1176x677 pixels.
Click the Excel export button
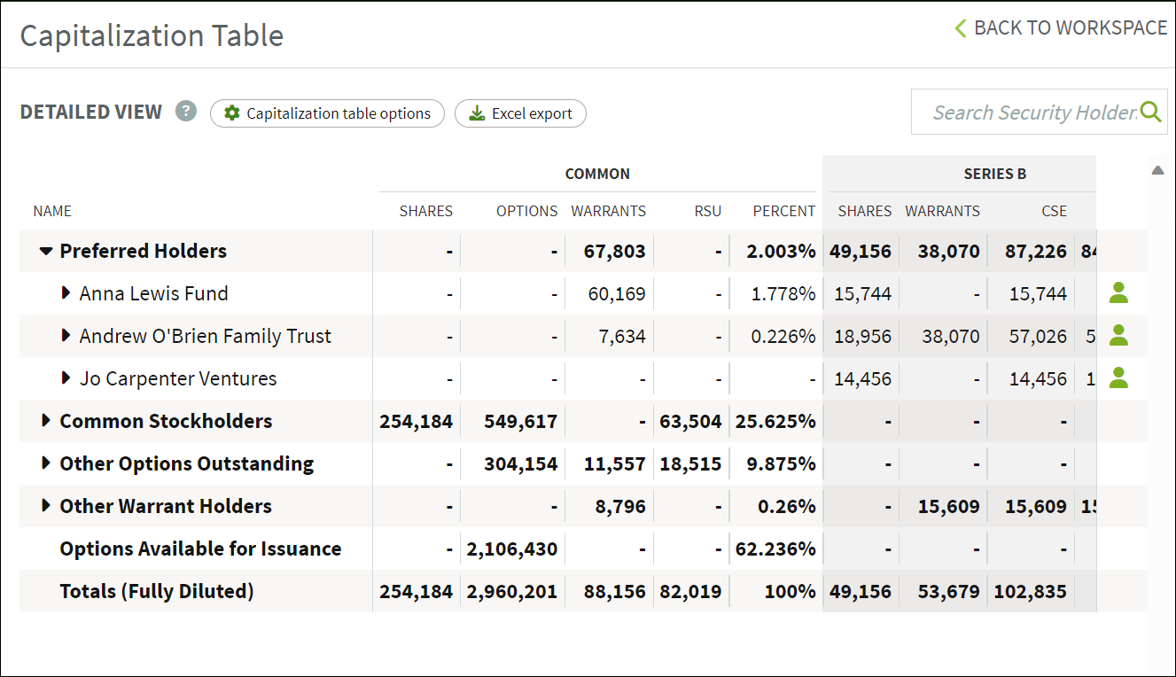(520, 113)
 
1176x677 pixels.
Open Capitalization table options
(327, 113)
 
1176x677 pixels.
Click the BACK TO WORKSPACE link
(1061, 27)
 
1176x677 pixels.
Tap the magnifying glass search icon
(1150, 112)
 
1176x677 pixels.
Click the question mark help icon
(186, 112)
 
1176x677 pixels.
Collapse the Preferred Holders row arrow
(46, 252)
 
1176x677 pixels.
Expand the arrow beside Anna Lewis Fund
(66, 292)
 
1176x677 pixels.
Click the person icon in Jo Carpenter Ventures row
(1118, 377)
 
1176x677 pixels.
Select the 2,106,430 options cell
(512, 549)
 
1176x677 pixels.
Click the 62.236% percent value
(775, 549)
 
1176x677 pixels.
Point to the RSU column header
(708, 211)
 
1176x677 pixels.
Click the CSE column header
(1055, 211)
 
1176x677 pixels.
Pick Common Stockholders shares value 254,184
(416, 422)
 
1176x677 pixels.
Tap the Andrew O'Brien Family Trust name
(206, 336)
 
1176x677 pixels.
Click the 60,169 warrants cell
(616, 294)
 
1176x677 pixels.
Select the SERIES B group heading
(995, 174)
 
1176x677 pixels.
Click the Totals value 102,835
(1030, 591)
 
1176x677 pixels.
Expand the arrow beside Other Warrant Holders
(46, 506)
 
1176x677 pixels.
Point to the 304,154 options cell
(521, 464)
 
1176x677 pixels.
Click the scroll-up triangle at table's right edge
(1157, 170)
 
